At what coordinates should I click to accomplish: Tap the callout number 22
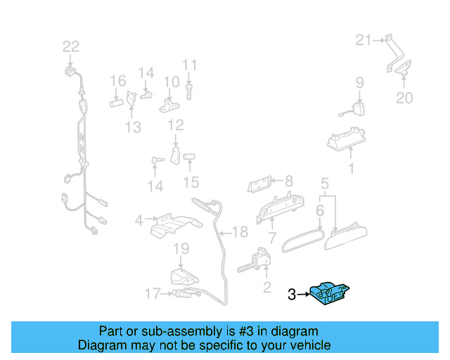pos(71,46)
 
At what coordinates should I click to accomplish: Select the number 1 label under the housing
pos(352,169)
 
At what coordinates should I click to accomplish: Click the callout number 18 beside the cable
pos(240,232)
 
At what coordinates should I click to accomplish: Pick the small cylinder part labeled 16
pos(117,101)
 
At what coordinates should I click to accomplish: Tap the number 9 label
pos(359,82)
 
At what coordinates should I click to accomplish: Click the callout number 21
pos(362,40)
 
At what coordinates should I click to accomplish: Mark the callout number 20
pos(404,98)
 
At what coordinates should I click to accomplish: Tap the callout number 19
pos(181,248)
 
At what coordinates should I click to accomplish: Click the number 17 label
pos(153,293)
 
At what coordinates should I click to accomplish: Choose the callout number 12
pos(175,125)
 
